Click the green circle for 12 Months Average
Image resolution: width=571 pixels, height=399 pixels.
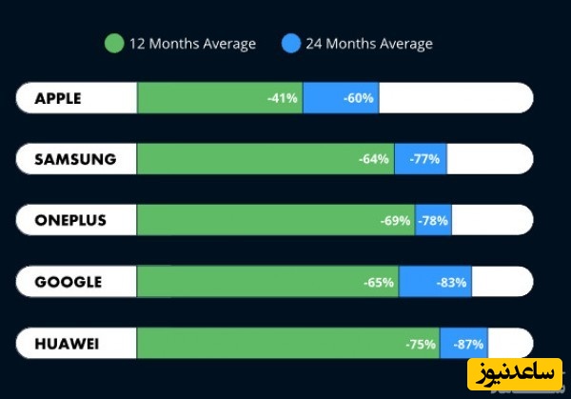tap(114, 43)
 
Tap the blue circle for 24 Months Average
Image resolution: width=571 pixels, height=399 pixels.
tap(291, 43)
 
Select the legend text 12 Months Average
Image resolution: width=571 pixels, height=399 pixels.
tap(191, 44)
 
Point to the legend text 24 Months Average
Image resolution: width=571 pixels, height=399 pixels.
tap(368, 44)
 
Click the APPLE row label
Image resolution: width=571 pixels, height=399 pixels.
tap(58, 98)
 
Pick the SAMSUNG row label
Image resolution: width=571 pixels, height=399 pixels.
tap(75, 159)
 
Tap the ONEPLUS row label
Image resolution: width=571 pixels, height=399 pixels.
tap(70, 220)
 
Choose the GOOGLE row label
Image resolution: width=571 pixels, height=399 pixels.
tap(68, 282)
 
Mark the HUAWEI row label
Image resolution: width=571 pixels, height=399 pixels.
tap(67, 343)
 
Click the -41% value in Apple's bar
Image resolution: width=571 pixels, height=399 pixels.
tap(283, 98)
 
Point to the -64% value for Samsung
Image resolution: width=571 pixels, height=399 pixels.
tap(374, 159)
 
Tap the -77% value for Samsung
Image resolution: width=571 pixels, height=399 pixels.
tap(424, 159)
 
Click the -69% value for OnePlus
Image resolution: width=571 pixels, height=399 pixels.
tap(395, 221)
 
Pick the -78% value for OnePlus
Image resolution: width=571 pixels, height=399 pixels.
tap(434, 221)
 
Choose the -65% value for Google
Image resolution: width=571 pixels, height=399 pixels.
tap(379, 282)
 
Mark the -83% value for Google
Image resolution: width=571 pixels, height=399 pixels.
tap(452, 282)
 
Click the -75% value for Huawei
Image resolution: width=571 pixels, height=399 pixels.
tap(421, 344)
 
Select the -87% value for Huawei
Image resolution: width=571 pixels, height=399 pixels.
tap(469, 344)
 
